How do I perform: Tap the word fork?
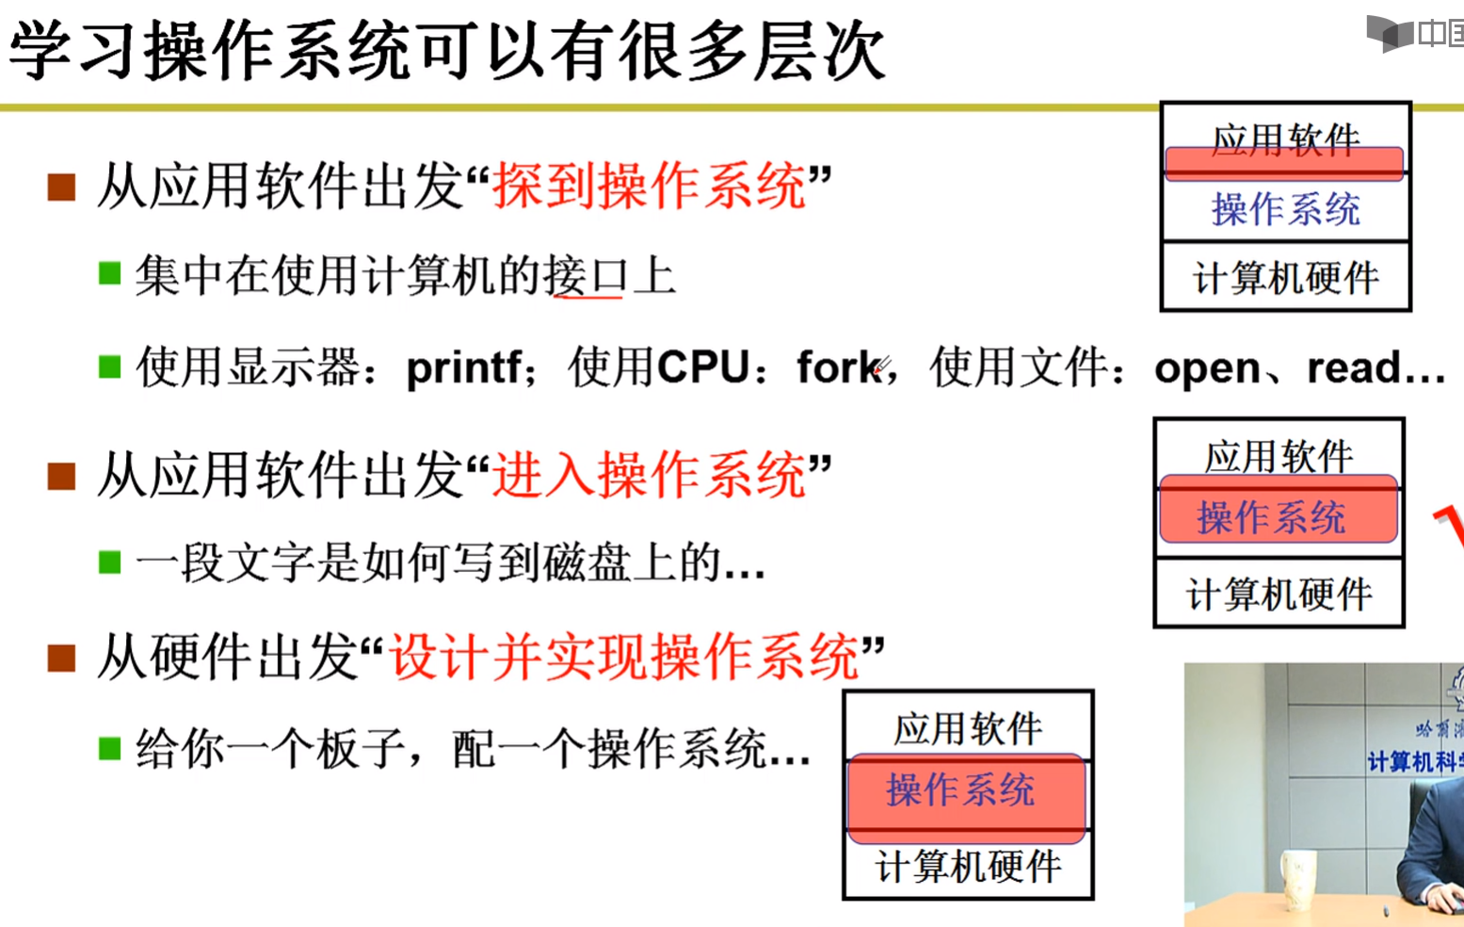[839, 367]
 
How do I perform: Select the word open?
[1207, 368]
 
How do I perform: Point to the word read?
[1355, 367]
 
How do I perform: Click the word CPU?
[703, 367]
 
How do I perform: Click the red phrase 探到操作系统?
[650, 186]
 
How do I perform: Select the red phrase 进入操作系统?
[650, 474]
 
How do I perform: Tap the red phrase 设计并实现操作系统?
[624, 656]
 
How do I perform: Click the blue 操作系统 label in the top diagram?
[1285, 209]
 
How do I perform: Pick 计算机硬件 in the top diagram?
[1285, 278]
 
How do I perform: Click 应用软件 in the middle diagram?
[1279, 456]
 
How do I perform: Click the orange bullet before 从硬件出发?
[62, 658]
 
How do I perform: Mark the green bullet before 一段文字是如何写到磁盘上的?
[110, 562]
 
